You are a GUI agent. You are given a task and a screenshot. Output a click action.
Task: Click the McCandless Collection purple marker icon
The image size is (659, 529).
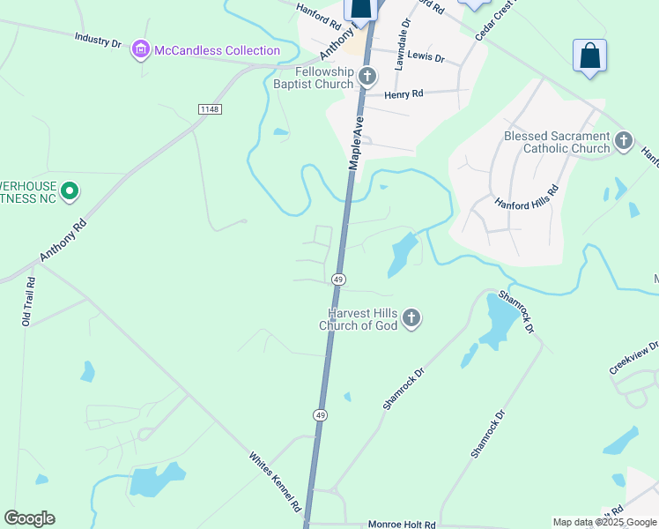click(x=141, y=51)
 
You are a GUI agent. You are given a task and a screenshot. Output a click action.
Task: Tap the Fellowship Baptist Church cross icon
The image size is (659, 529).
click(x=367, y=78)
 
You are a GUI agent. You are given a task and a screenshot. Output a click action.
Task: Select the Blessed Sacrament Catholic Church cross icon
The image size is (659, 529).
click(x=623, y=141)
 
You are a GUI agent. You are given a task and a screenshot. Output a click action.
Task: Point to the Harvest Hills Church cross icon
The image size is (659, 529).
click(x=411, y=318)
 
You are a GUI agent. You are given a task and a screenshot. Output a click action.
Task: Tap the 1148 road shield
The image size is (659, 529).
click(x=210, y=108)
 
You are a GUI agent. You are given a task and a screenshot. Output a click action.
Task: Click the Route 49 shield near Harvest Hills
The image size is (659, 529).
click(x=338, y=279)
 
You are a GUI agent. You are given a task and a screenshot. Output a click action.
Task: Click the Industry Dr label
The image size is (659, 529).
click(x=98, y=40)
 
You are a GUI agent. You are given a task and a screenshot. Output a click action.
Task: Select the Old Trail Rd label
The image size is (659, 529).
click(x=29, y=302)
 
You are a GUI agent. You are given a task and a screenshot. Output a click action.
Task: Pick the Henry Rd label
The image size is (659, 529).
click(x=404, y=93)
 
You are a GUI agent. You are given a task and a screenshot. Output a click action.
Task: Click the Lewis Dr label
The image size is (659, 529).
click(x=426, y=58)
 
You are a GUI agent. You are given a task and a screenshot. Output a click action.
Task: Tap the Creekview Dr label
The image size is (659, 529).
click(x=633, y=357)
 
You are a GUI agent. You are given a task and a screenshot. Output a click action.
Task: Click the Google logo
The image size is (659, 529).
click(x=29, y=518)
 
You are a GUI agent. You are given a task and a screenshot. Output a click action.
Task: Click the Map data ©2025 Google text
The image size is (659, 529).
click(x=603, y=522)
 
